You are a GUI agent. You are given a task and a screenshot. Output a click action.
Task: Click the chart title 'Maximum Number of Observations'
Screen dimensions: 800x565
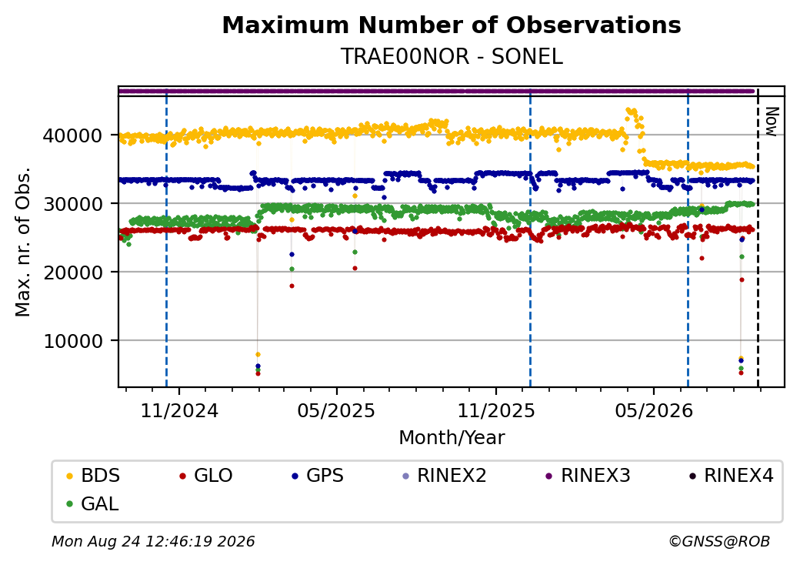pos(452,25)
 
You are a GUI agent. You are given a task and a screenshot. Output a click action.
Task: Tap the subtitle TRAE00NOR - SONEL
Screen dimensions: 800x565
pos(452,57)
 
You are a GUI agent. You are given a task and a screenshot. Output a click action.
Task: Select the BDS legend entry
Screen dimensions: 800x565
pos(94,476)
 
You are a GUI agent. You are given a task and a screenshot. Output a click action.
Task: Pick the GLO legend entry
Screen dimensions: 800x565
pos(206,476)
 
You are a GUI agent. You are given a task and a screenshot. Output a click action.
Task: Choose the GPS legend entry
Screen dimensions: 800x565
pos(318,476)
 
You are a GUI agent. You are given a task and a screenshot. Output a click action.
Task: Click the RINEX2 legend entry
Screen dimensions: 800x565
pos(445,476)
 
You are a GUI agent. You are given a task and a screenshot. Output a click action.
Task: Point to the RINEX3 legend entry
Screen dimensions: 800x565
pos(588,476)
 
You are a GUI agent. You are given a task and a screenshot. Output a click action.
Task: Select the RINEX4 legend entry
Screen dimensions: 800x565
pos(732,476)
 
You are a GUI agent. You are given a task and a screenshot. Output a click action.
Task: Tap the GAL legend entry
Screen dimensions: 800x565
pos(93,503)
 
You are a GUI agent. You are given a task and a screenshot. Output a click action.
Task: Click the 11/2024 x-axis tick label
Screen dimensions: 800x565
pos(179,411)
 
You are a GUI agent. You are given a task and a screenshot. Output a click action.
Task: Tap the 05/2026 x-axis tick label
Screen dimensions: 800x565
pos(654,411)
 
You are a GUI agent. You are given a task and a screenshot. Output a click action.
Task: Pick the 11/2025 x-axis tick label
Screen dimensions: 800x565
pos(496,411)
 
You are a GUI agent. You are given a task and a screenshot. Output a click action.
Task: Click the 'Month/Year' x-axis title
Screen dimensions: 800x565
pos(452,438)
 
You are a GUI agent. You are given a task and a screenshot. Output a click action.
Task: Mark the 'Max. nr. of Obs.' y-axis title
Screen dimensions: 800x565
pos(23,242)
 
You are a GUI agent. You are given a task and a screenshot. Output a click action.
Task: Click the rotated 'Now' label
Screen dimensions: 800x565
pos(772,122)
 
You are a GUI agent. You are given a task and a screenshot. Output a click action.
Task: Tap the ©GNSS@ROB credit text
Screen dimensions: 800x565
pos(719,541)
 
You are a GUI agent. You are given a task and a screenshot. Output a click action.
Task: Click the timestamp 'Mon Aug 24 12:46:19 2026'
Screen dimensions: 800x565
pos(153,541)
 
